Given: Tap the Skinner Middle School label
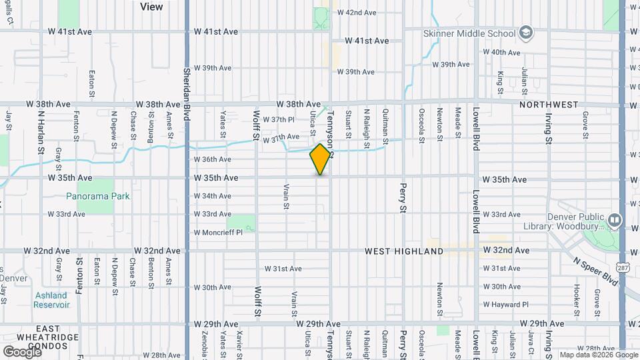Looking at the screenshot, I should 469,33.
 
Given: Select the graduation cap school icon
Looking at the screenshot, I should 526,33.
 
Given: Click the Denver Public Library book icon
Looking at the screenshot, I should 615,219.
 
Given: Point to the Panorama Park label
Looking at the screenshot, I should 98,197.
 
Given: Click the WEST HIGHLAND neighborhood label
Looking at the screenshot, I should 403,251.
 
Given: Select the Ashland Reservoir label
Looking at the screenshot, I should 51,300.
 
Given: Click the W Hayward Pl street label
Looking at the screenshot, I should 505,305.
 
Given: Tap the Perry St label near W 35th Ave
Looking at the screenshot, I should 403,198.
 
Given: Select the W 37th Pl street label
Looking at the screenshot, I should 279,119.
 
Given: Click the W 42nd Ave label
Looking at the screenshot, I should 357,13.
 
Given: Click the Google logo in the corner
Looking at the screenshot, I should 21,351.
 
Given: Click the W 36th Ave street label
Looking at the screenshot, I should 213,159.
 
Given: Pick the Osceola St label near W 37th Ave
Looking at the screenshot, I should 421,125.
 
